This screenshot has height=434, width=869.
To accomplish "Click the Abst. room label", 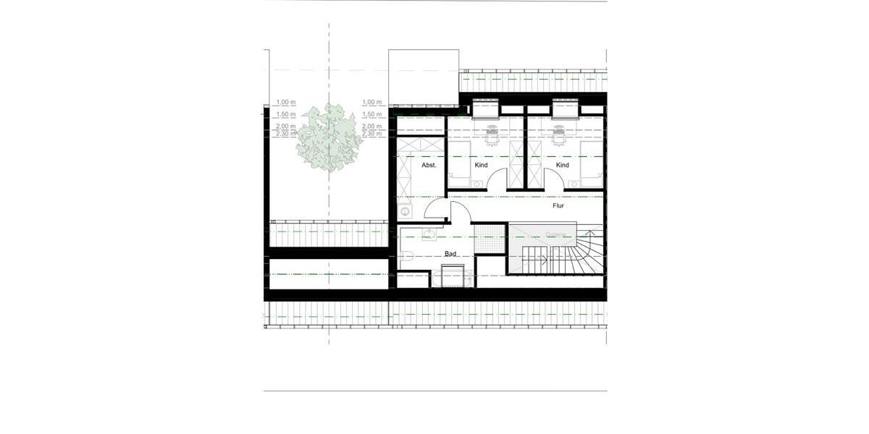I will [429, 166].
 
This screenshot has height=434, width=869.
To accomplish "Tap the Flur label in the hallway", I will [558, 205].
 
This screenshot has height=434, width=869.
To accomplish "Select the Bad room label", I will [450, 254].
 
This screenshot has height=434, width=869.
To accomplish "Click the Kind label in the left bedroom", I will [481, 166].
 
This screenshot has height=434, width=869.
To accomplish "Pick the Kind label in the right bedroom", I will [563, 166].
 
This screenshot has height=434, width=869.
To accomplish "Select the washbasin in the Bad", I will [429, 234].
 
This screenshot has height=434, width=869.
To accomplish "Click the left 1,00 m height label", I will [285, 103].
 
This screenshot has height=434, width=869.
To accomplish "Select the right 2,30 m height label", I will [371, 134].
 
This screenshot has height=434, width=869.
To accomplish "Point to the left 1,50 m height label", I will [285, 114].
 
